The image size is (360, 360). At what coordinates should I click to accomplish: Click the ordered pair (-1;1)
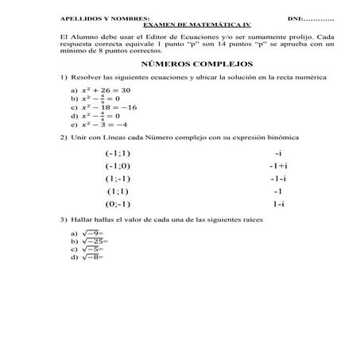coord(118,153)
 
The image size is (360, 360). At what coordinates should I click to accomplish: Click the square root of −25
coord(90,241)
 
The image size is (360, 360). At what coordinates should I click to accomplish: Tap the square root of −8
coord(88,257)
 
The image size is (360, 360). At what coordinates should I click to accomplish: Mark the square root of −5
coord(88,249)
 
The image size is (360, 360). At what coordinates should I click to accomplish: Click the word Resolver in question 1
coord(85,78)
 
